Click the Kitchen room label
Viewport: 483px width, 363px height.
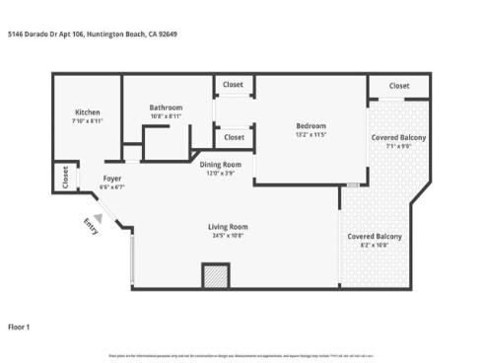88,112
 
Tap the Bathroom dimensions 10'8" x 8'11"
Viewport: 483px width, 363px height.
167,115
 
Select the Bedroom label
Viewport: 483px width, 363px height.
310,125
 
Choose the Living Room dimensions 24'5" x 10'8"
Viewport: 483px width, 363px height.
227,236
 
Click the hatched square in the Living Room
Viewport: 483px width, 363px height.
215,276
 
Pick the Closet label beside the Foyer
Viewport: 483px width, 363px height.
66,177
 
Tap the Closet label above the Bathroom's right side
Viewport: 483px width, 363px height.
235,86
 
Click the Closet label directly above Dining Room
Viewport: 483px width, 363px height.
235,137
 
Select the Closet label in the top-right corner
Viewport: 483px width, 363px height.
398,86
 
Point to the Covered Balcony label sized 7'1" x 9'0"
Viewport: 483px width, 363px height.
398,137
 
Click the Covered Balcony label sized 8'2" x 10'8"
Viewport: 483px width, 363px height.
374,237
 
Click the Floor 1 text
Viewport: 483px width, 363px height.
20,326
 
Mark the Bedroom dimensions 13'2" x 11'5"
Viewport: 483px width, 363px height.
310,135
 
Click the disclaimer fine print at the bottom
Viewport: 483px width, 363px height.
241,353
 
